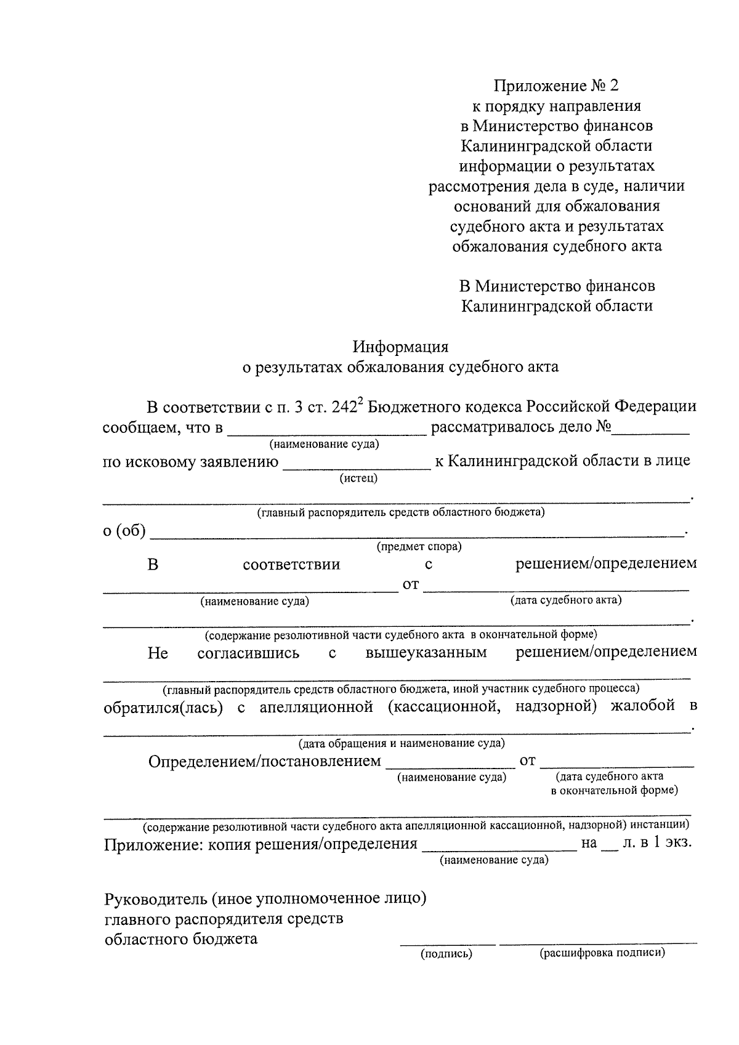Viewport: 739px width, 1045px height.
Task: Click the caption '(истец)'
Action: click(x=358, y=478)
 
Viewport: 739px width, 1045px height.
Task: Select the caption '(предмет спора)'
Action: click(x=419, y=546)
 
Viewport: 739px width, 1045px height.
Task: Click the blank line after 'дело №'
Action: click(x=650, y=430)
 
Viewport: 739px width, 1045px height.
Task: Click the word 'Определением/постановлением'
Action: click(x=265, y=762)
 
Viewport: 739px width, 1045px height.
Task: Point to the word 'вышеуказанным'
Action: click(x=426, y=653)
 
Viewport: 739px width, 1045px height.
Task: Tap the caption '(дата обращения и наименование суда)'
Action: click(x=402, y=743)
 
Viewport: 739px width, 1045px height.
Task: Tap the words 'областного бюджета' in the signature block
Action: click(x=181, y=940)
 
